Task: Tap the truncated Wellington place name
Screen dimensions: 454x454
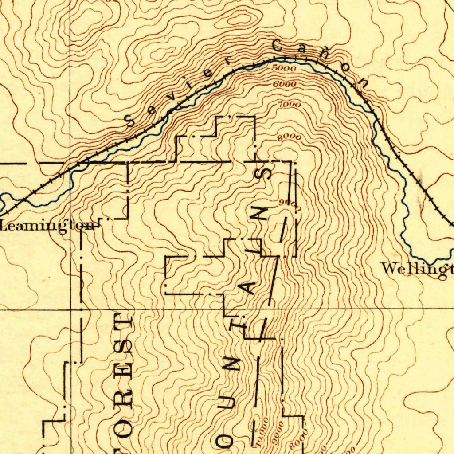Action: [417, 269]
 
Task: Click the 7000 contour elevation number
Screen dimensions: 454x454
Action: [290, 105]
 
